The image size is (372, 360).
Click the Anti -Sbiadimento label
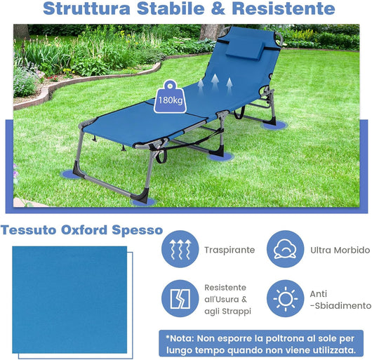coord(340,299)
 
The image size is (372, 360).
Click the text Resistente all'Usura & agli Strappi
coord(225,299)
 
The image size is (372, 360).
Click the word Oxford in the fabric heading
coord(81,229)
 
